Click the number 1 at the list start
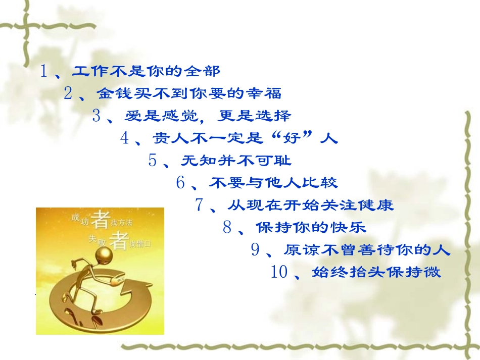click(44, 71)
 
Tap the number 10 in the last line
click(279, 273)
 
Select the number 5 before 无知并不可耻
click(153, 161)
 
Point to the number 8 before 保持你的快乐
click(227, 228)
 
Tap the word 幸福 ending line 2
click(267, 93)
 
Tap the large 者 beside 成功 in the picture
click(102, 220)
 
